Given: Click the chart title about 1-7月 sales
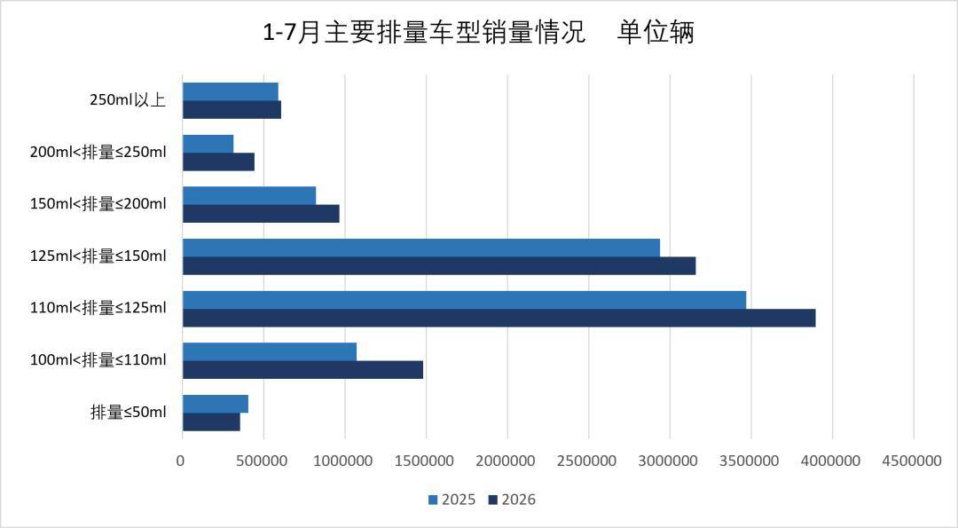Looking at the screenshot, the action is [478, 32].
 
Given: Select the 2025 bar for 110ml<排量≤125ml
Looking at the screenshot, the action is [464, 300].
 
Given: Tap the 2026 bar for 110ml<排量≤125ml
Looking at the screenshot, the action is [499, 318].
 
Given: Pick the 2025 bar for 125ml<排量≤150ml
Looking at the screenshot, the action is [421, 248].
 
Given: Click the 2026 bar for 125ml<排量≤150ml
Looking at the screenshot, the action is [439, 266].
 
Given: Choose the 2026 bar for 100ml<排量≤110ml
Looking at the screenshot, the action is [303, 370].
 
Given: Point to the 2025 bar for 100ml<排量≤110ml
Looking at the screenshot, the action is [270, 352].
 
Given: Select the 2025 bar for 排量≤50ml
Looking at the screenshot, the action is [216, 404].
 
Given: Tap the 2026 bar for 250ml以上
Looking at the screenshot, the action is [232, 110].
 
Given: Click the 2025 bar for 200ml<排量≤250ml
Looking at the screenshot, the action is [208, 144].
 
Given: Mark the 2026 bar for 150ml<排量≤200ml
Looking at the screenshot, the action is [261, 214].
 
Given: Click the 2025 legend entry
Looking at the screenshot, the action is [452, 500].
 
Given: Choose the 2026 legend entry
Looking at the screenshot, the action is [512, 500].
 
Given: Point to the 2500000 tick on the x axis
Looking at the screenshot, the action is [587, 461].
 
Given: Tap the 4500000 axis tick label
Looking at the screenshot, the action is [912, 461].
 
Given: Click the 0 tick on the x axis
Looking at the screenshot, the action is [180, 461].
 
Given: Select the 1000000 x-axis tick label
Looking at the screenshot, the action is [343, 461].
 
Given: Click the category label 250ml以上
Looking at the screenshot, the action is [128, 99].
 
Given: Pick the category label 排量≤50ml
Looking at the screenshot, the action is [129, 412].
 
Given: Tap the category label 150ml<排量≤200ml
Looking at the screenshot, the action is [98, 203].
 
